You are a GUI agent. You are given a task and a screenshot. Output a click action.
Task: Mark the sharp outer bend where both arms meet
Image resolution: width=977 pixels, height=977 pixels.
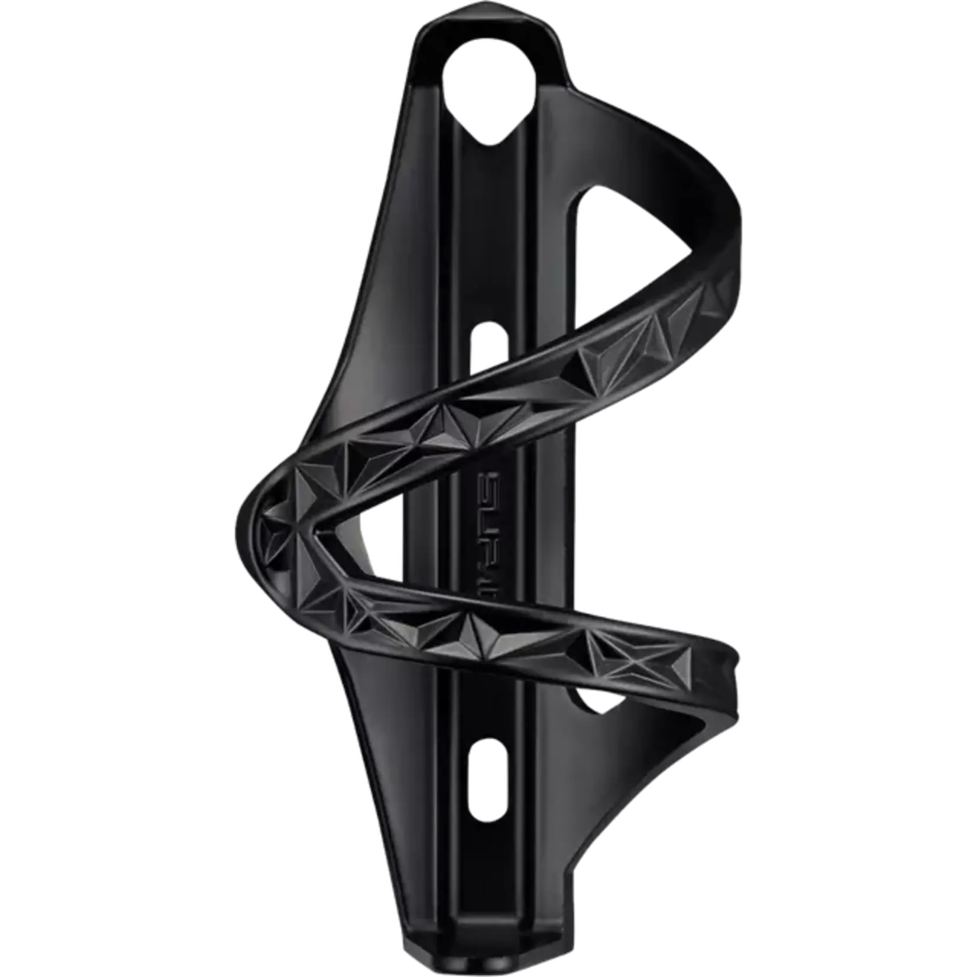(x=248, y=520)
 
